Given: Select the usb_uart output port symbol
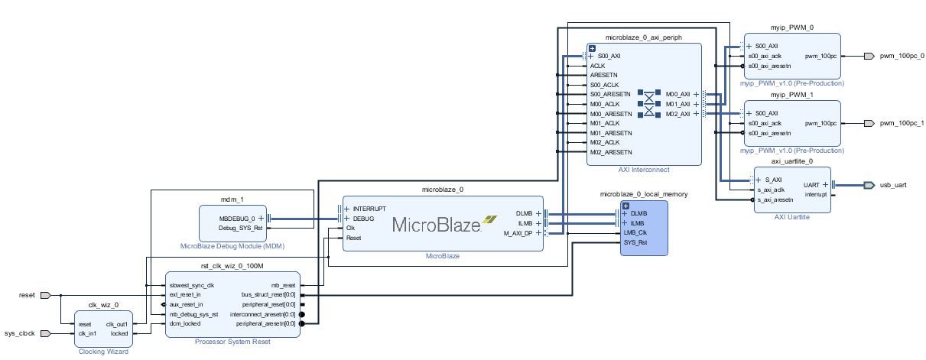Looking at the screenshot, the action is tap(869, 185).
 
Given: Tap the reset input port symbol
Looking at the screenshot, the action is tap(45, 295).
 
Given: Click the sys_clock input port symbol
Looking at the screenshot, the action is tap(45, 333).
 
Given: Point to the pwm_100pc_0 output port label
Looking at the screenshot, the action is tap(902, 56).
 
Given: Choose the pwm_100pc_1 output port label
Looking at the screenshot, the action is tap(902, 123).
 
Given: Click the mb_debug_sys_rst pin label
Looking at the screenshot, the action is tap(194, 315).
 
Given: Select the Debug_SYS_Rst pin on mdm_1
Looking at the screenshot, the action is tap(241, 228).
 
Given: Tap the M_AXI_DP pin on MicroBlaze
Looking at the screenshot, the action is tap(518, 233).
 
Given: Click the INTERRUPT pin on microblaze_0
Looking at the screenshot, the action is tap(369, 209).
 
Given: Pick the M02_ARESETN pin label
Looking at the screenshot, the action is tap(611, 152).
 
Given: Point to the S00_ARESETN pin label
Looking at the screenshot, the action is tap(610, 94).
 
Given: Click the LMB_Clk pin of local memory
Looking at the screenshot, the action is tap(635, 232).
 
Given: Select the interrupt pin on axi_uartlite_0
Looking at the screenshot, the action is tap(816, 194).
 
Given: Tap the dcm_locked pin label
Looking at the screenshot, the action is tap(185, 323).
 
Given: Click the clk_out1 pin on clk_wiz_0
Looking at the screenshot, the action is tap(117, 324).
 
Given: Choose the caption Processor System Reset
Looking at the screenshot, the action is tap(232, 342).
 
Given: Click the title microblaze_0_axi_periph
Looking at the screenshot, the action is tap(644, 37).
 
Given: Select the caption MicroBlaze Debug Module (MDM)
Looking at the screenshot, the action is tap(232, 246).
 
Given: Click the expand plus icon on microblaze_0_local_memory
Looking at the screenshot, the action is tap(626, 206).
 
